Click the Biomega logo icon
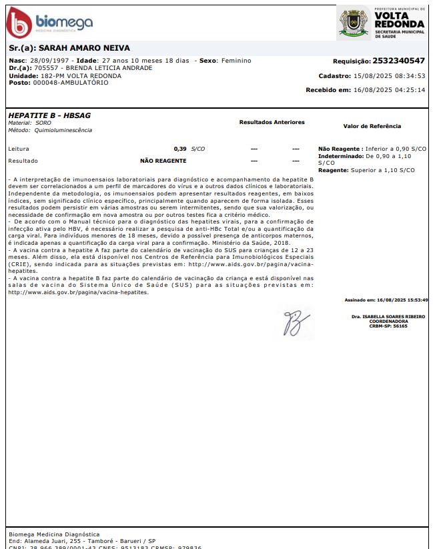tap(19, 23)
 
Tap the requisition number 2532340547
tap(398, 61)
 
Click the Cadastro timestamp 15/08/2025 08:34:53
tap(389, 76)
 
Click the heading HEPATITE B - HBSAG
tap(49, 115)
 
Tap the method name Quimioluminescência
tap(64, 130)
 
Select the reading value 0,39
tap(180, 148)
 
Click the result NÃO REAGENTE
tap(163, 161)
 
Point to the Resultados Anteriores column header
tap(272, 123)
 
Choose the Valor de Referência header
tap(372, 126)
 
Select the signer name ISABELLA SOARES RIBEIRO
tap(388, 316)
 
